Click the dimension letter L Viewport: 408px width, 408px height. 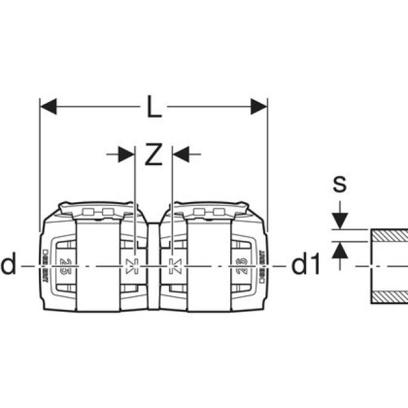click(x=154, y=108)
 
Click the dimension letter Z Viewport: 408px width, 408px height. click(x=153, y=155)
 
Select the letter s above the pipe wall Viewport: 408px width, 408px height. click(x=340, y=184)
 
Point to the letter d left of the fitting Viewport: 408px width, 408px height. click(x=8, y=265)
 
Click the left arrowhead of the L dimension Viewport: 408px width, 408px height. click(x=48, y=107)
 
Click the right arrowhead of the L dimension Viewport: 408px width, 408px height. click(x=259, y=107)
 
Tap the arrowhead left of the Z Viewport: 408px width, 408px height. click(x=127, y=154)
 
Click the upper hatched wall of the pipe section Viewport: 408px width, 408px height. click(x=389, y=235)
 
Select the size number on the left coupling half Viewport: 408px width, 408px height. click(x=64, y=264)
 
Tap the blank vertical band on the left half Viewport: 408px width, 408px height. click(x=97, y=264)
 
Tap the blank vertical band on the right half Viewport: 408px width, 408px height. click(x=209, y=264)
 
